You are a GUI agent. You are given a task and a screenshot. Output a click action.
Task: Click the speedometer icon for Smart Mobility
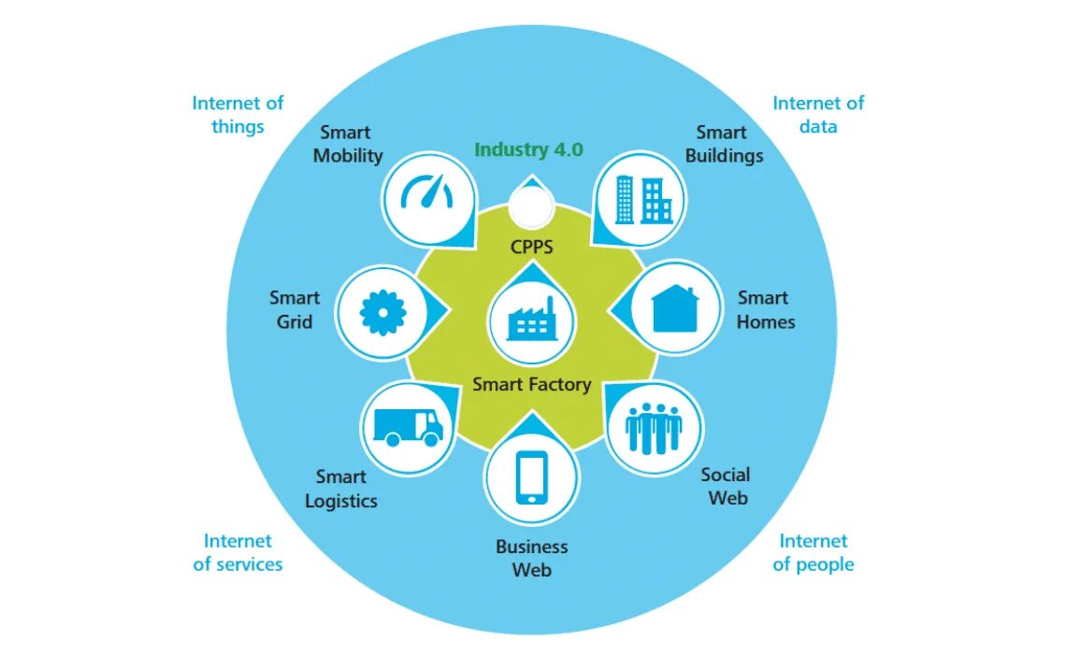(426, 194)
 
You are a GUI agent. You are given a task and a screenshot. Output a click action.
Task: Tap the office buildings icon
(643, 198)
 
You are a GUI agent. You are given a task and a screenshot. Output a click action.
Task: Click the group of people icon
(654, 427)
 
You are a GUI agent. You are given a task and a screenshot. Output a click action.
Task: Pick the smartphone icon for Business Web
(531, 478)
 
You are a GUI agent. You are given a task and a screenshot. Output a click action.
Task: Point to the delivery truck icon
(409, 426)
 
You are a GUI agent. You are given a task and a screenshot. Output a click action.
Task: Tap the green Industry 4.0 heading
(528, 149)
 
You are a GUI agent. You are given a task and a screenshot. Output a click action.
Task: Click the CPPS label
(532, 247)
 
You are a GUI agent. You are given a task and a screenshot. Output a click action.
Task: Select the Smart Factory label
(531, 384)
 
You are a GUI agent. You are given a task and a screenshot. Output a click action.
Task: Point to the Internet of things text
(238, 115)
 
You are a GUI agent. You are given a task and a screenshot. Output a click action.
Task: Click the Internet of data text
(818, 115)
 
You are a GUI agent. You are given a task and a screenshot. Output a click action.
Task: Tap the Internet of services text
(238, 552)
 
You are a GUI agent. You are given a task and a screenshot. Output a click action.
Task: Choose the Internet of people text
(814, 552)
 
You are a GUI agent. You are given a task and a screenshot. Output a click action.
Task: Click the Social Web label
(727, 486)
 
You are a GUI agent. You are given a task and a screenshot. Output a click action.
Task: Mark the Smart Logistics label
(341, 490)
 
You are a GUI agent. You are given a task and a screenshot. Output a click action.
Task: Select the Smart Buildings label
(724, 144)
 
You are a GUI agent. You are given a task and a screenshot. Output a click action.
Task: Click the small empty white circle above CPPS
(530, 206)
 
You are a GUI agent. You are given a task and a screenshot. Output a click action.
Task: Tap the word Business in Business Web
(531, 547)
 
